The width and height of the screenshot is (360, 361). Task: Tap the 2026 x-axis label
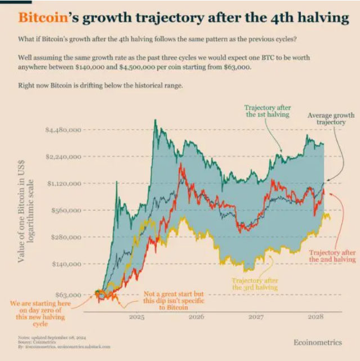point(196,318)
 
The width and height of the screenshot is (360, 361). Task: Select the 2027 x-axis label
point(255,318)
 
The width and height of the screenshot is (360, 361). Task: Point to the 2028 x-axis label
point(314,318)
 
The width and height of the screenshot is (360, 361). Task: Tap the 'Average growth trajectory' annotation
point(331,119)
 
